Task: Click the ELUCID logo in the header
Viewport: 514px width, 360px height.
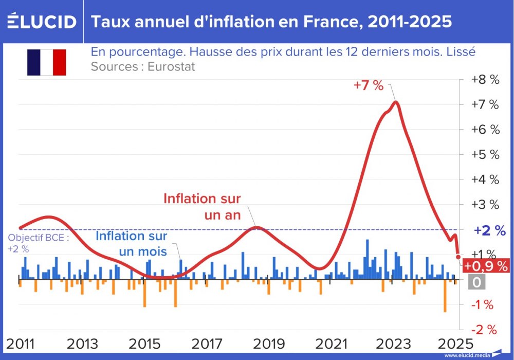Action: click(42, 22)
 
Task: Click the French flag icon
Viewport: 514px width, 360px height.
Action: click(47, 62)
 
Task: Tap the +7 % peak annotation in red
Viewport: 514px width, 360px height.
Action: click(369, 85)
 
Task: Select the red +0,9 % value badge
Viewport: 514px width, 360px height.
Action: click(486, 266)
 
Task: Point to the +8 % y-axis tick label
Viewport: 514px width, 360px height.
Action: click(485, 80)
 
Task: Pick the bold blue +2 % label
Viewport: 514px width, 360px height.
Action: click(489, 230)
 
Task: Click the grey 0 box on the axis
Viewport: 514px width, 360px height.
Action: click(476, 282)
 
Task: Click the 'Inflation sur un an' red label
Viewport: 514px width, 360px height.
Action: click(202, 206)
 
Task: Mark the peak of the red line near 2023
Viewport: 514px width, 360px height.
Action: click(395, 102)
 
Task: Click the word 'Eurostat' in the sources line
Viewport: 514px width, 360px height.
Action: click(171, 67)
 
